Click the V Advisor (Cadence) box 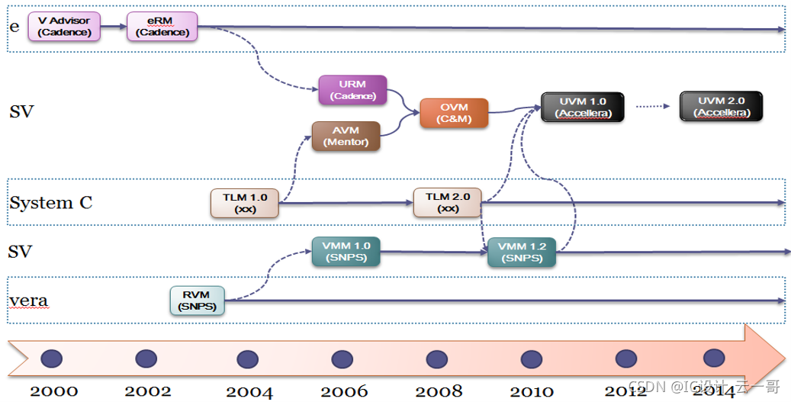[64, 27]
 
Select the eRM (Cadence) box [162, 27]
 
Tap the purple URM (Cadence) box [352, 90]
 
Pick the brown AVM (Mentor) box [346, 136]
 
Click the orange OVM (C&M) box [454, 113]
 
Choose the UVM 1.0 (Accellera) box [582, 107]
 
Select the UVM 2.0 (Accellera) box [721, 107]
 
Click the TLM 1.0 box [245, 203]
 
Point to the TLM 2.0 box [448, 202]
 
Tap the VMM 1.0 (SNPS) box [346, 252]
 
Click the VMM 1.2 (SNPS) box [522, 252]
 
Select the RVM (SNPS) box [197, 301]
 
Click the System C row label [50, 203]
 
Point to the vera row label [28, 301]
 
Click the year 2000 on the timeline [53, 391]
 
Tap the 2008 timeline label [439, 391]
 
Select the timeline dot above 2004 [247, 359]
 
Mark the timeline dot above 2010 [532, 359]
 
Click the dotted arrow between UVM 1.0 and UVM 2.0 [651, 107]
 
